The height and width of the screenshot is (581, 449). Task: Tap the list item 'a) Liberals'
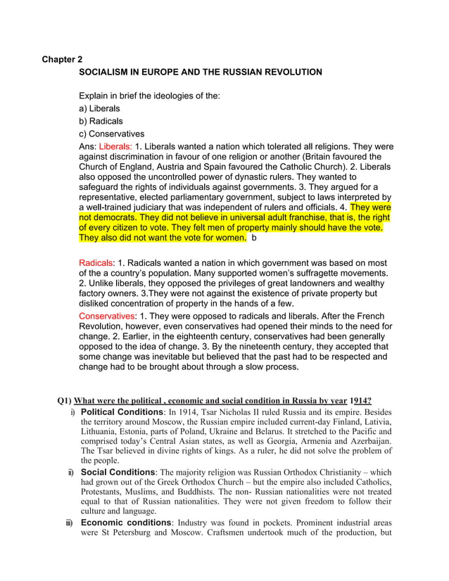coord(99,109)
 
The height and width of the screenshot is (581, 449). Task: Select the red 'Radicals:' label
coord(97,262)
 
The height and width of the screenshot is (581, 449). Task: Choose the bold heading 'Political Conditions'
coord(122,411)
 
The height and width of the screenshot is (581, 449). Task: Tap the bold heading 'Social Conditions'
coord(118,472)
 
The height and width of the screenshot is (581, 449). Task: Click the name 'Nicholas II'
coord(241,411)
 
